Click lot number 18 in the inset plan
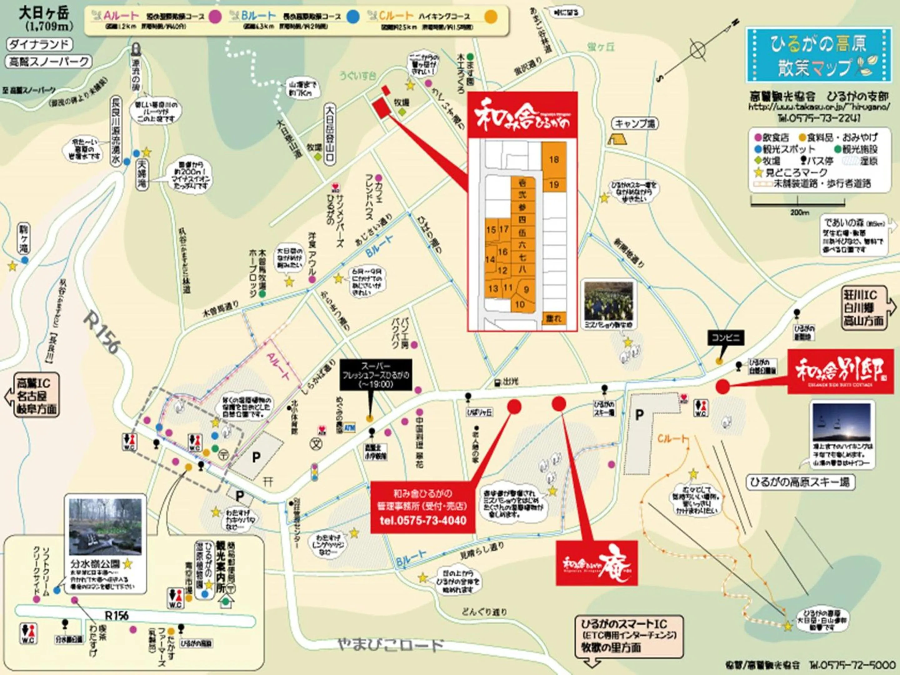point(554,159)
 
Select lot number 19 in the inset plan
point(554,185)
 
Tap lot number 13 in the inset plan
point(493,288)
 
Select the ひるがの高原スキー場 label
point(800,483)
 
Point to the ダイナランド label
point(39,44)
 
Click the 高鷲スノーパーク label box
point(49,62)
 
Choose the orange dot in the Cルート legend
point(492,17)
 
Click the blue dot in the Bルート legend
point(353,16)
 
